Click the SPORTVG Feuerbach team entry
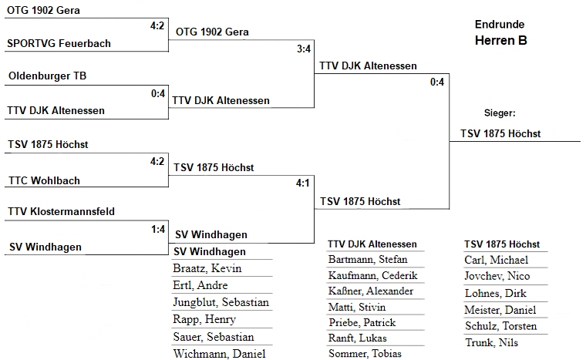59,44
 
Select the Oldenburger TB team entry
48,77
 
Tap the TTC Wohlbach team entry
44,181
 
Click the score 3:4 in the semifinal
304,49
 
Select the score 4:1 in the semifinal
303,183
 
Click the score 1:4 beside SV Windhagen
158,229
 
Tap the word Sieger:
499,113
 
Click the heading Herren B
500,41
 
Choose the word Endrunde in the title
500,25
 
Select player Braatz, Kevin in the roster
207,269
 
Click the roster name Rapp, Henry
204,320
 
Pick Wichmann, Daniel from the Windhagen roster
220,354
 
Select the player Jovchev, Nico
497,277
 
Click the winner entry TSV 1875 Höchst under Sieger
500,133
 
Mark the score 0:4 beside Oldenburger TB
158,94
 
